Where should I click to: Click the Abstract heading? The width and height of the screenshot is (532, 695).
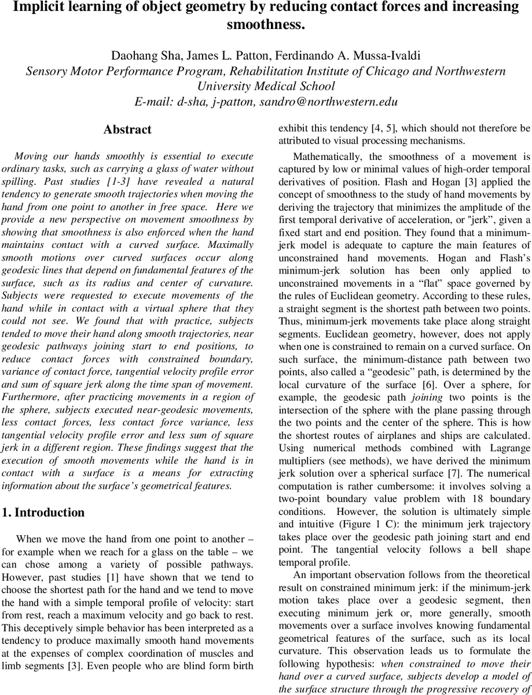127,130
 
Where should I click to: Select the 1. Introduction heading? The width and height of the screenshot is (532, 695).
43,512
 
